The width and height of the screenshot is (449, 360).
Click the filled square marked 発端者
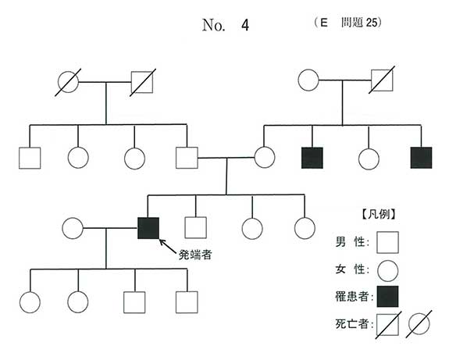tap(148, 228)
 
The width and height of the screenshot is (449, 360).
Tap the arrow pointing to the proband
tap(168, 247)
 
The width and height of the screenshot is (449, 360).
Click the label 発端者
tap(195, 255)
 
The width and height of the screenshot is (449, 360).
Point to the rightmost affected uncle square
tap(421, 158)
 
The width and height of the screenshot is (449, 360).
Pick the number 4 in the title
tap(245, 25)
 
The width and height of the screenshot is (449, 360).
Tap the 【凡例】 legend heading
tap(379, 214)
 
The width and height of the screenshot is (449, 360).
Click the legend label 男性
tap(350, 242)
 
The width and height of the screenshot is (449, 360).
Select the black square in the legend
tap(388, 297)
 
